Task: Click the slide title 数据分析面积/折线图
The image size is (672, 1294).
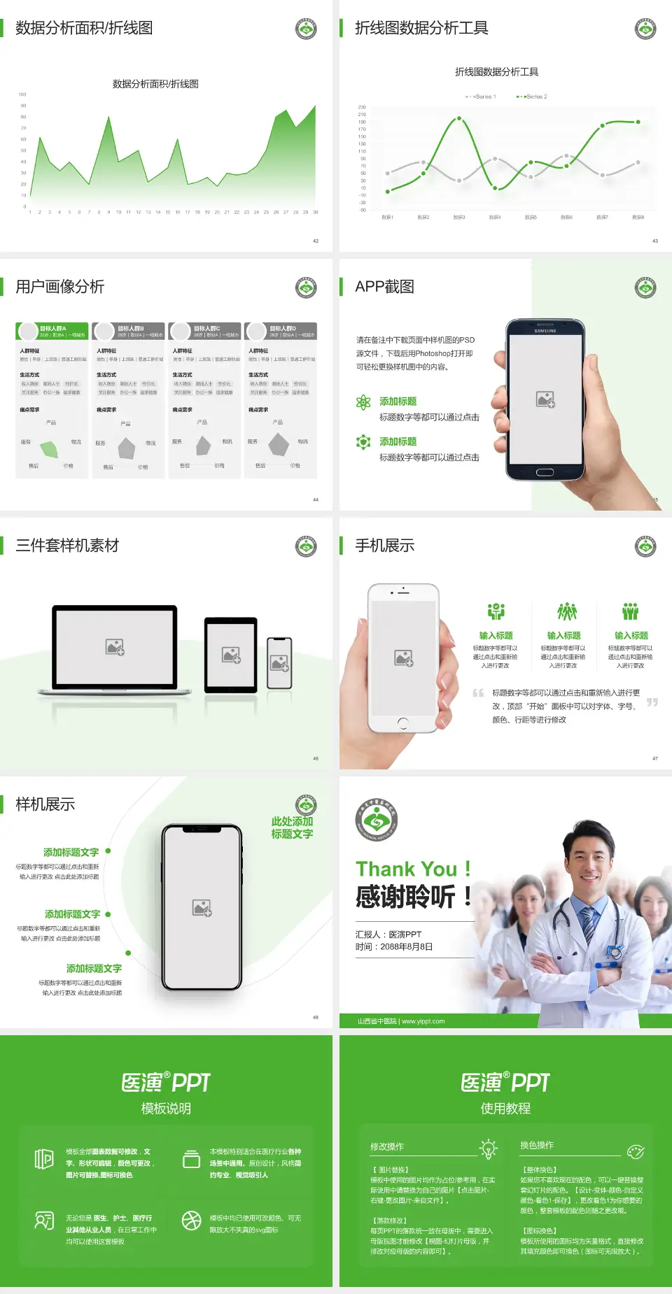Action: [x=84, y=28]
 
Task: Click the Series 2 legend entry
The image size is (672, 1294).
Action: [x=533, y=97]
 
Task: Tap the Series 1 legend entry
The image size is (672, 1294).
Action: [x=482, y=97]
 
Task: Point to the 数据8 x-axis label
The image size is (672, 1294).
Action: [x=638, y=218]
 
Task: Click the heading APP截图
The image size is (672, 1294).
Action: [x=384, y=287]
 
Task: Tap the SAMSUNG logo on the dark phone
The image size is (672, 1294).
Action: [x=545, y=331]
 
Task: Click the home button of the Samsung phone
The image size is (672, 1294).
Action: [x=545, y=472]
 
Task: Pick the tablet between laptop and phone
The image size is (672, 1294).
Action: [x=231, y=655]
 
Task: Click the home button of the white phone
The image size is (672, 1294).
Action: [x=403, y=723]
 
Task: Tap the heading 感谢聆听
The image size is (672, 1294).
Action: [x=406, y=897]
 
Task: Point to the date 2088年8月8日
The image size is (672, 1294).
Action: [x=406, y=947]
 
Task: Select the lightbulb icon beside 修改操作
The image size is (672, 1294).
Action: [x=488, y=1149]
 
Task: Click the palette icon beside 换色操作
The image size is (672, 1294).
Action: [x=636, y=1151]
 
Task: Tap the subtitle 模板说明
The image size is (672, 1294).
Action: [x=166, y=1109]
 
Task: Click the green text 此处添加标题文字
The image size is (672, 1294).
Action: [x=292, y=827]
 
